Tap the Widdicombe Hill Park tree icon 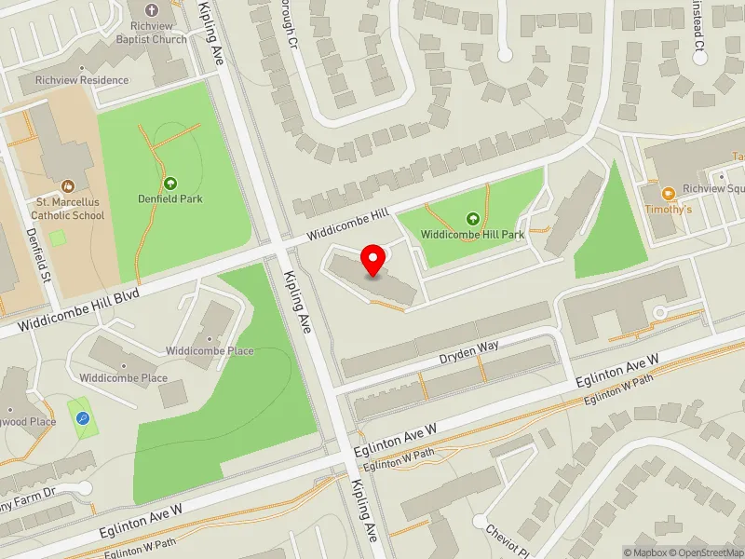tap(472, 219)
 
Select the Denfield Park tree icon tap(170, 184)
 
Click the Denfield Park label tap(170, 198)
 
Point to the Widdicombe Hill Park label tap(472, 235)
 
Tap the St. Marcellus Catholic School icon tap(67, 186)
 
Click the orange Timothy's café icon tap(668, 194)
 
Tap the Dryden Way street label tap(469, 351)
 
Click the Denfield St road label tap(37, 256)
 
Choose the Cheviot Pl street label tap(508, 540)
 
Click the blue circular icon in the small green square tap(81, 419)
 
